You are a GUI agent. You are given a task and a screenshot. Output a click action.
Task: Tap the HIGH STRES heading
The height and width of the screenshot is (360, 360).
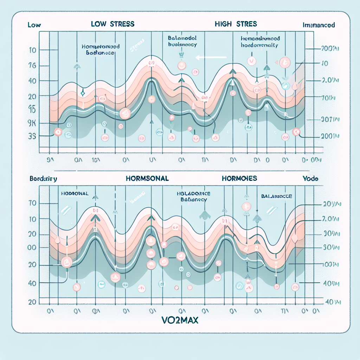[236, 24]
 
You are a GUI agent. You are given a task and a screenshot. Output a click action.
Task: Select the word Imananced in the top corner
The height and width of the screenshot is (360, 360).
[319, 25]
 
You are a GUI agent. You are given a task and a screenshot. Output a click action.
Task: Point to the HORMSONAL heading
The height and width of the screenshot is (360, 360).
[147, 178]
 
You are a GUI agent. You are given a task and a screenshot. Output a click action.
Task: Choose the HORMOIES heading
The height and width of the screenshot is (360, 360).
[239, 178]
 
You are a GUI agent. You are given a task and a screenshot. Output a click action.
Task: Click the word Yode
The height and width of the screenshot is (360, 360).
[310, 179]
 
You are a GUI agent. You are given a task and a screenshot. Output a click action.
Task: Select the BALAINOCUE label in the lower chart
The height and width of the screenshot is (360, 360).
[276, 196]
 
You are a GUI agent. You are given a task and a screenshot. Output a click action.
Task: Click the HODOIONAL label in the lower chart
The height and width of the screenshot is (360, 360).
[75, 194]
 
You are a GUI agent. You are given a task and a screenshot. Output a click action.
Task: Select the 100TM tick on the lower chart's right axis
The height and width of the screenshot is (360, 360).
[330, 264]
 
